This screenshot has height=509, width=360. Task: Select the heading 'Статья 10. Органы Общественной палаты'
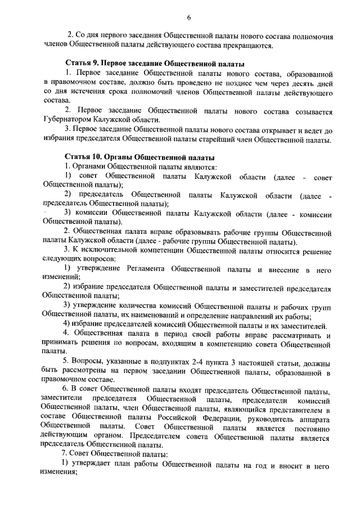coord(139,156)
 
